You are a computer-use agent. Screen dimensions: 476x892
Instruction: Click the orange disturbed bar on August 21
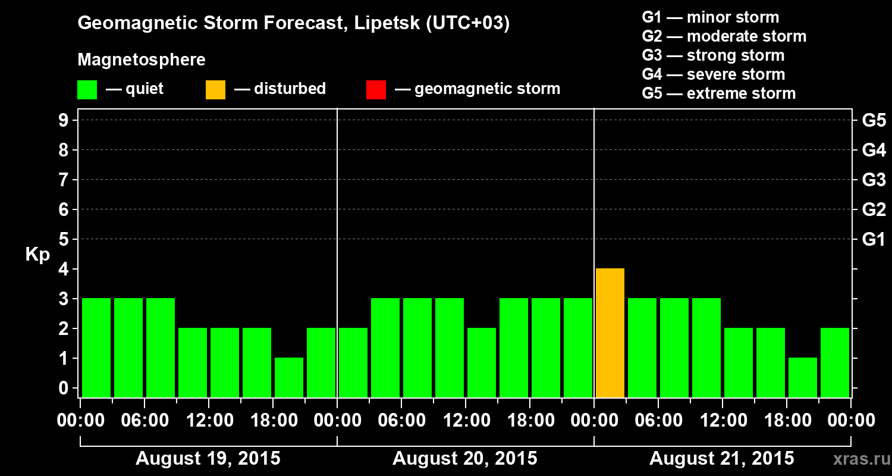pyautogui.click(x=610, y=333)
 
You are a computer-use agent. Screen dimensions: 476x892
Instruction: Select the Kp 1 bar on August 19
pyautogui.click(x=289, y=377)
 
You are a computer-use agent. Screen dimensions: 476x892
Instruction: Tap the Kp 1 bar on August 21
pyautogui.click(x=803, y=377)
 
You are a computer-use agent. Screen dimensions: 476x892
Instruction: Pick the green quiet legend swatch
pyautogui.click(x=87, y=90)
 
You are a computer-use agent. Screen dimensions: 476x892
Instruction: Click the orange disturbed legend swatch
pyautogui.click(x=215, y=90)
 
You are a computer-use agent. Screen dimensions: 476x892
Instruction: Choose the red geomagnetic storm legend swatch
pyautogui.click(x=376, y=90)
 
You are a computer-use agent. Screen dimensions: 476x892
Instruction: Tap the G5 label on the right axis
pyautogui.click(x=874, y=121)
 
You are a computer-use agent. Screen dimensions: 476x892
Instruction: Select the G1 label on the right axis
pyautogui.click(x=874, y=240)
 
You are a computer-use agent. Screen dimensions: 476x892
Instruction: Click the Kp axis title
pyautogui.click(x=37, y=255)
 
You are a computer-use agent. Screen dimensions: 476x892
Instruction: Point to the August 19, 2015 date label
pyautogui.click(x=208, y=459)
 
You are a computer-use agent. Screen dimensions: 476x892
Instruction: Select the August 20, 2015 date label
pyautogui.click(x=465, y=459)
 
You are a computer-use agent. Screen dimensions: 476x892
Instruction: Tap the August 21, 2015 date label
pyautogui.click(x=721, y=459)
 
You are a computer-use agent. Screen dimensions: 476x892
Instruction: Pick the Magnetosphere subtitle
pyautogui.click(x=142, y=60)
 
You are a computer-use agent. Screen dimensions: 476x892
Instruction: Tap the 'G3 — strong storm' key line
pyautogui.click(x=713, y=55)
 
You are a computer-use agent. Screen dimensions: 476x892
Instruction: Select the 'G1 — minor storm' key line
pyautogui.click(x=710, y=17)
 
